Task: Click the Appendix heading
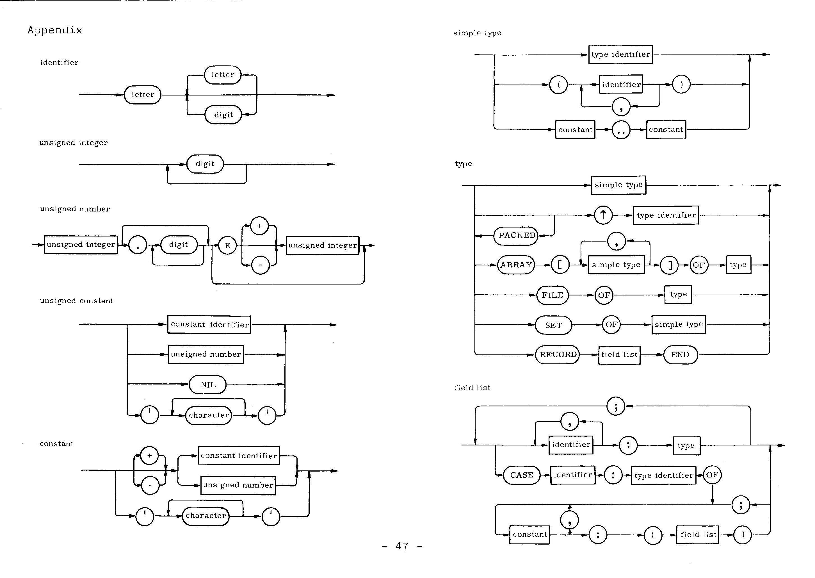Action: coord(55,30)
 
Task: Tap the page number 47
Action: coord(402,546)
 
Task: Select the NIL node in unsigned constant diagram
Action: coord(208,385)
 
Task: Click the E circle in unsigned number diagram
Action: coord(228,245)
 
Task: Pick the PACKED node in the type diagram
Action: coord(516,236)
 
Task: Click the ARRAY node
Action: coord(516,265)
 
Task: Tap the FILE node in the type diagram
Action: coord(552,295)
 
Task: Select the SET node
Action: coord(554,325)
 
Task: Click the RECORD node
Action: coord(558,354)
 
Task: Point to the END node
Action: coord(680,355)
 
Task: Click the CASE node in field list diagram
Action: coord(522,475)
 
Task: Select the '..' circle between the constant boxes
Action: coord(621,130)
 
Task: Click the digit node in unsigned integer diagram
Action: coord(205,164)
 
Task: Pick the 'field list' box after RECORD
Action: coord(619,355)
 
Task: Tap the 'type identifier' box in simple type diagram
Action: coord(620,54)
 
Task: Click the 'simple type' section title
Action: coord(477,33)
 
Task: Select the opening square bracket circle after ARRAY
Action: coord(560,265)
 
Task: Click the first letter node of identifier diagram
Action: coord(143,95)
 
